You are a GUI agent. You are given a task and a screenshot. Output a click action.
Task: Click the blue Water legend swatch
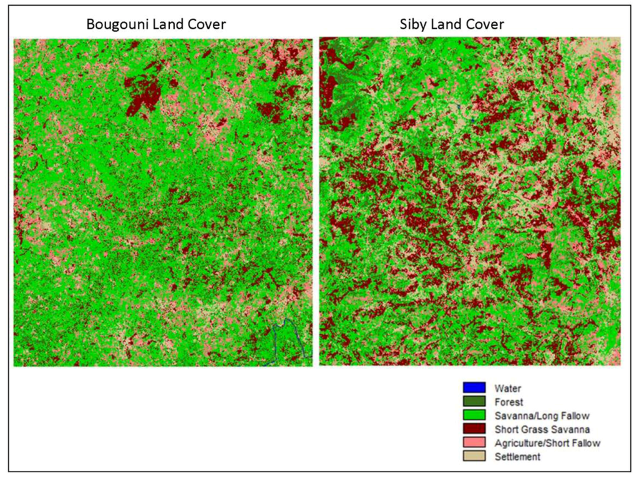pyautogui.click(x=474, y=388)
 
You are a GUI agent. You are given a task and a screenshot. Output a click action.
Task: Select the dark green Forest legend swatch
pyautogui.click(x=474, y=402)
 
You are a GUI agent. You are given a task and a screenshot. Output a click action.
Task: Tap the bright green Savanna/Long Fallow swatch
pyautogui.click(x=474, y=415)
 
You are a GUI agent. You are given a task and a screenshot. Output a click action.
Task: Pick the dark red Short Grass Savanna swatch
pyautogui.click(x=474, y=429)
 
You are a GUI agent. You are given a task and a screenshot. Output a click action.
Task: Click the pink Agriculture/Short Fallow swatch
pyautogui.click(x=474, y=443)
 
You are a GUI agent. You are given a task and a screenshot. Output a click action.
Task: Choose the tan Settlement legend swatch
pyautogui.click(x=474, y=457)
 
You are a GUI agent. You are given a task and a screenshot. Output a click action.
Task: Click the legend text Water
pyautogui.click(x=507, y=388)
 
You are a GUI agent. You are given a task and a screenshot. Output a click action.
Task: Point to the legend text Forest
pyautogui.click(x=509, y=402)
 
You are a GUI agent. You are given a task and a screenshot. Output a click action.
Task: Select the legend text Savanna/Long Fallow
pyautogui.click(x=542, y=416)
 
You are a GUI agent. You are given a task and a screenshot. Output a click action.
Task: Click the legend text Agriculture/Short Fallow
pyautogui.click(x=547, y=443)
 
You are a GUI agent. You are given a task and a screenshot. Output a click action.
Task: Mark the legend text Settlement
pyautogui.click(x=517, y=457)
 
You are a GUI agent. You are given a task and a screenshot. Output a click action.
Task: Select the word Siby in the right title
pyautogui.click(x=412, y=25)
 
